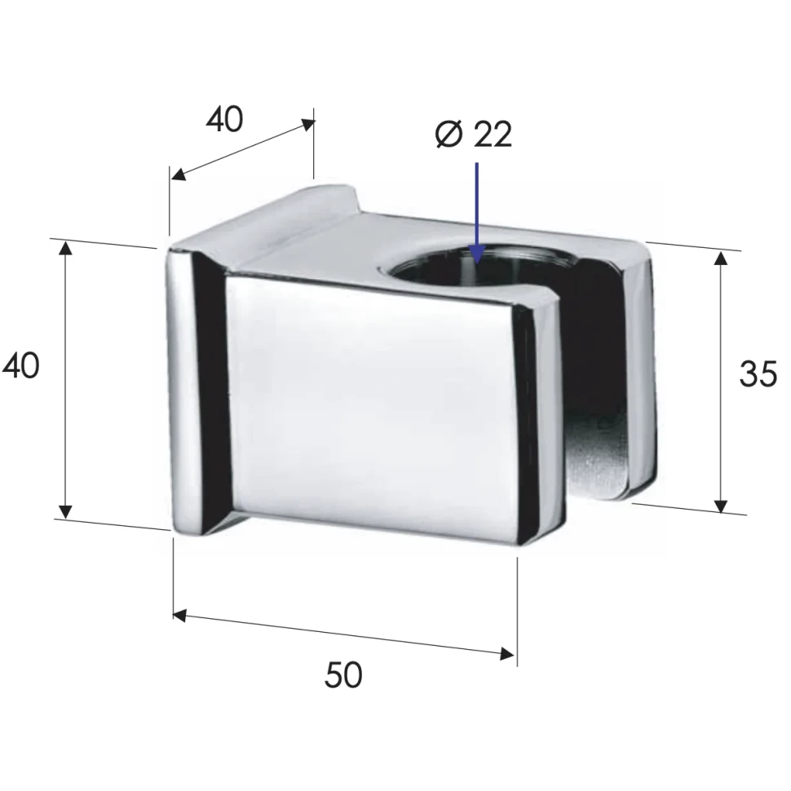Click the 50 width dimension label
(343, 675)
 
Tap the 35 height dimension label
(758, 373)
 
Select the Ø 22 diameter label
(473, 135)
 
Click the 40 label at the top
(224, 120)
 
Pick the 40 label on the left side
(20, 366)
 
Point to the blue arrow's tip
(477, 263)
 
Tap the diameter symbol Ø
(449, 135)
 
